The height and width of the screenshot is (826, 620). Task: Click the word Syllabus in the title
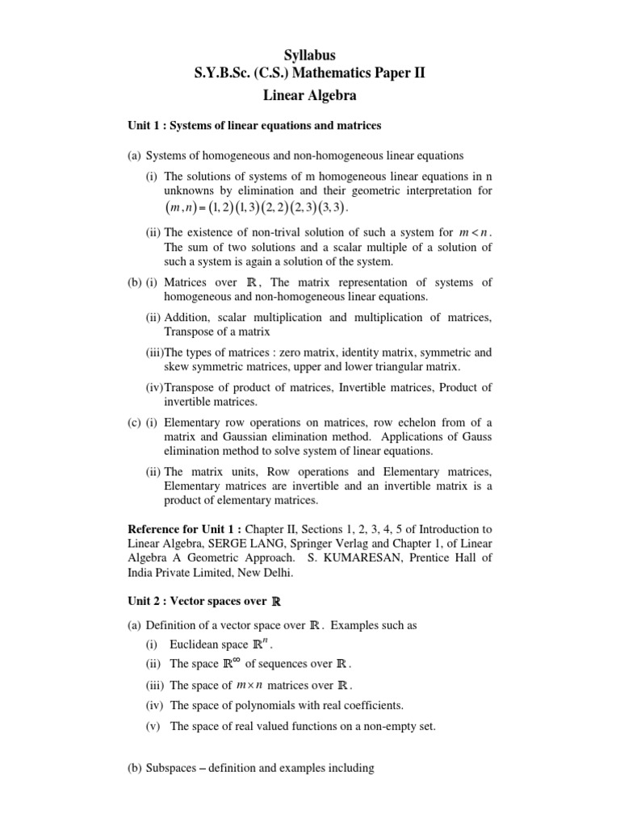click(x=309, y=55)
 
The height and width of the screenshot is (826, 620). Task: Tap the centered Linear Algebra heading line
click(x=309, y=94)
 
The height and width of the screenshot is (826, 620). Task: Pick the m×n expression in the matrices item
click(x=251, y=686)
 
